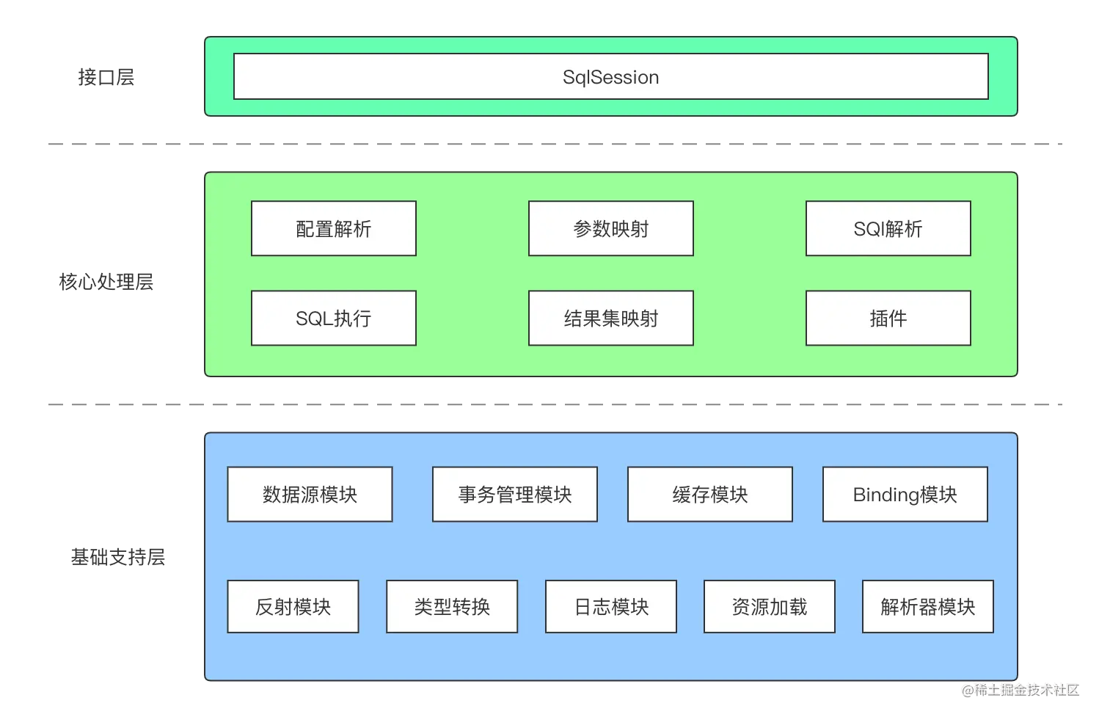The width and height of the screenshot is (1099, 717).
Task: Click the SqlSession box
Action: click(x=610, y=76)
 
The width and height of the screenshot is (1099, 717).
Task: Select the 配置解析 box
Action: click(x=333, y=229)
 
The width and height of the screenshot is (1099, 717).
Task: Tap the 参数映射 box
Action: click(x=610, y=229)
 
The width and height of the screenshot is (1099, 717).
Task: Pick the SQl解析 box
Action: click(x=888, y=229)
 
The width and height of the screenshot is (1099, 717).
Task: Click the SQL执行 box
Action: click(x=333, y=319)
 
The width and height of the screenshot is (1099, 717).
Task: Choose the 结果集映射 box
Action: click(x=610, y=319)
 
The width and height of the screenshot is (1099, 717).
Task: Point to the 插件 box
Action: click(x=888, y=319)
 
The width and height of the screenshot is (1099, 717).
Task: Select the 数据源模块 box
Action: click(x=310, y=495)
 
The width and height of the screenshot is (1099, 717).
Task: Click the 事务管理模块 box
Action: click(x=514, y=495)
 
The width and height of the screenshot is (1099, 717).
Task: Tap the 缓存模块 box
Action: click(x=709, y=495)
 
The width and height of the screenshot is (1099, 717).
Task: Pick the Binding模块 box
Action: click(x=905, y=495)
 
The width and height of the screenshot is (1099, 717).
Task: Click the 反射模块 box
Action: click(x=293, y=607)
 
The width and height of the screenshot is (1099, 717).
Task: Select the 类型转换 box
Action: click(x=452, y=607)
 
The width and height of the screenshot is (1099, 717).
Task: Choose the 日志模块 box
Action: click(x=610, y=607)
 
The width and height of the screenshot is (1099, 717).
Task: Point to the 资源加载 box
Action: click(x=769, y=607)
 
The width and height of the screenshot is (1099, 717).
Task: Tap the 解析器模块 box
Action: click(x=927, y=607)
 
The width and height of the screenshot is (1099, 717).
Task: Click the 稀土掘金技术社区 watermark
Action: click(x=1020, y=689)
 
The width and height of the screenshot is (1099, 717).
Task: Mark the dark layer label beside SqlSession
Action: click(x=106, y=76)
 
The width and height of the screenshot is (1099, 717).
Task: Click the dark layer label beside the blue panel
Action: click(x=120, y=558)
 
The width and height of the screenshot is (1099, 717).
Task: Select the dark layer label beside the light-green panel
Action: click(x=108, y=282)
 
